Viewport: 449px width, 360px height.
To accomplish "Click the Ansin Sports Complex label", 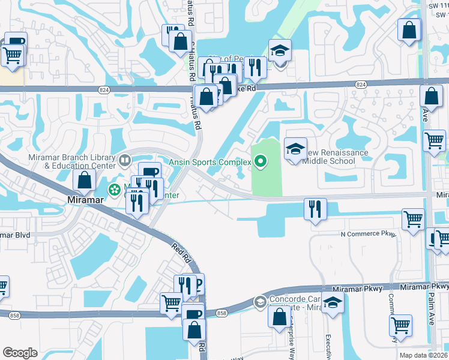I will point(209,161).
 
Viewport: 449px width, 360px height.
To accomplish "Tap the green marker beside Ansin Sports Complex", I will point(261,161).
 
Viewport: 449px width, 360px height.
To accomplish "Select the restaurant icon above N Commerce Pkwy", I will point(315,209).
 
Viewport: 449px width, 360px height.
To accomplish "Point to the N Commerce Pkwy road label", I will point(369,235).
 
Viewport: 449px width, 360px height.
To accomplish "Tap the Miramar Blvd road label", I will point(16,235).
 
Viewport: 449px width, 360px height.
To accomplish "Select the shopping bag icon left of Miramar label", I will point(84,180).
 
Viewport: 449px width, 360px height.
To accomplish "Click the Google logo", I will point(20,353).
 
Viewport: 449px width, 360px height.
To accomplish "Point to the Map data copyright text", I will point(423,355).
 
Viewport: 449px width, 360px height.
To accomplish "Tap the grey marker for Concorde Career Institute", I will point(259,301).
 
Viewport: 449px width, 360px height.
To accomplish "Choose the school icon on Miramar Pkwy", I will point(333,305).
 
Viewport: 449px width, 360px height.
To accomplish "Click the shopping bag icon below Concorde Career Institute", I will point(280,317).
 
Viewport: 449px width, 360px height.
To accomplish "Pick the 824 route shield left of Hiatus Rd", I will point(103,88).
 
